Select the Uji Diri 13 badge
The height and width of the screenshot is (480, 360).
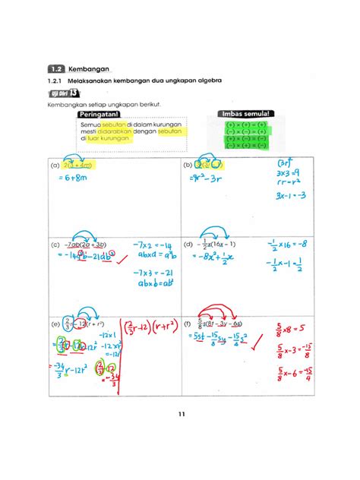62,93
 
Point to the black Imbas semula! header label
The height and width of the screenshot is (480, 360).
245,114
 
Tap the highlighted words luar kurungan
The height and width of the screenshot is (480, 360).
109,138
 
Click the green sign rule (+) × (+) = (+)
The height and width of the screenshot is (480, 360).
245,122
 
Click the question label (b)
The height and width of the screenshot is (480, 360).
186,164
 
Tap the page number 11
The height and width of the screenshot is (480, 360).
181,414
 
